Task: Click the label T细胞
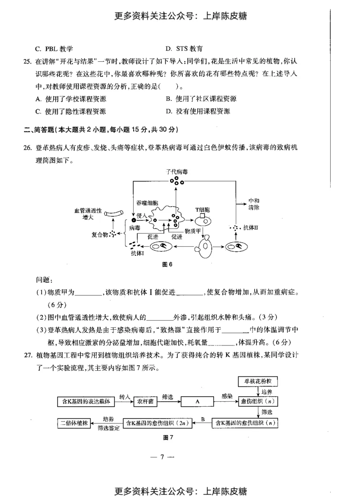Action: (202, 210)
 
